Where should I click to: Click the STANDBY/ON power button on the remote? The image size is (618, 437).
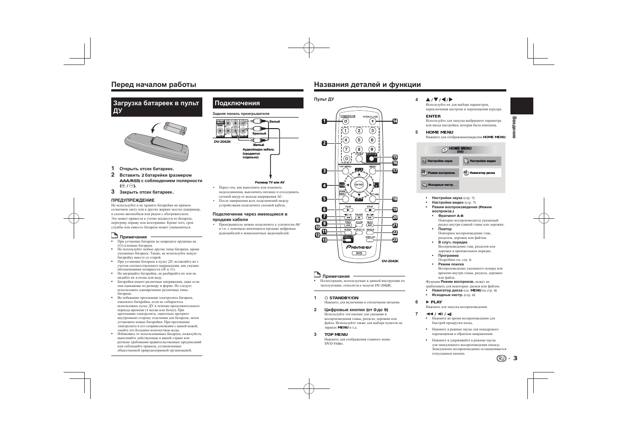pos(346,122)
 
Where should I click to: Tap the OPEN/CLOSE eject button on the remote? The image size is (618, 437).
pos(372,122)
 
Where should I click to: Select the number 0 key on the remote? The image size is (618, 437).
pos(346,159)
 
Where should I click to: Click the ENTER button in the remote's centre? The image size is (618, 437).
pos(359,184)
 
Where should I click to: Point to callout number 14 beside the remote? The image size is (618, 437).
pos(395,121)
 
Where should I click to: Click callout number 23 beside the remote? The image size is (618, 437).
pos(395,240)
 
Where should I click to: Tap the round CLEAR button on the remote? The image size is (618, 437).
pos(359,159)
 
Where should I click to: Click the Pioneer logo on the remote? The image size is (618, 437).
pos(359,247)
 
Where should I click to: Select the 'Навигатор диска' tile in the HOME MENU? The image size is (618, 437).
pos(482,173)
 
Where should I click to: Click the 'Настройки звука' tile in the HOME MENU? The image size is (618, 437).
pos(439,161)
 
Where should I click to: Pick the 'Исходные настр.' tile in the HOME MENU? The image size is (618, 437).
pos(439,185)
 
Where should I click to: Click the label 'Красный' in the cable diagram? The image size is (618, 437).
pos(259,134)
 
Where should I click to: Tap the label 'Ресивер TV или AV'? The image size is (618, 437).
pos(270,182)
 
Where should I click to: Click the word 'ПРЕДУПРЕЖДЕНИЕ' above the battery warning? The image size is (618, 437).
pos(133,200)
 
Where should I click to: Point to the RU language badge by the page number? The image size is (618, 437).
pos(501,358)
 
